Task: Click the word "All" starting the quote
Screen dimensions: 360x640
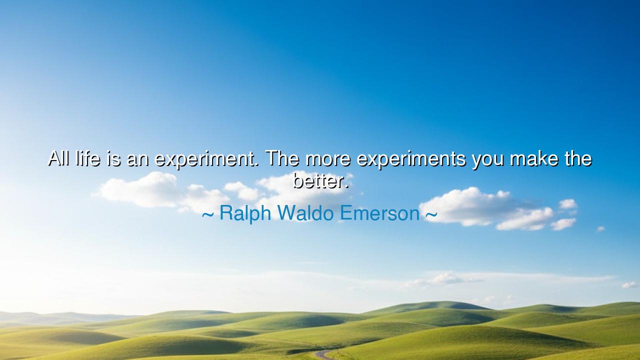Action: (58, 158)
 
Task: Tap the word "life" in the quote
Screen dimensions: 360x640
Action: (88, 158)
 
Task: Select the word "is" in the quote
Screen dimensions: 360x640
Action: (113, 158)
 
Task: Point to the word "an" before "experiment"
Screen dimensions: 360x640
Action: (137, 159)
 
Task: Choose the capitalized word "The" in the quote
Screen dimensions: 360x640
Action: (282, 158)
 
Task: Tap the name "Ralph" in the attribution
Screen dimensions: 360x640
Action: (245, 213)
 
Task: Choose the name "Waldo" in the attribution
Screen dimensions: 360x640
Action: (305, 213)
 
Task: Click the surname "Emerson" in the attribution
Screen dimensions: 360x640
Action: (379, 213)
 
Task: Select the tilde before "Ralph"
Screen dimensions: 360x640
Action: (207, 214)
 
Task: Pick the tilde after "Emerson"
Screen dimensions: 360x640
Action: (431, 214)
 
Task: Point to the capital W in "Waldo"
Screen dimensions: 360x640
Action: (287, 213)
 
